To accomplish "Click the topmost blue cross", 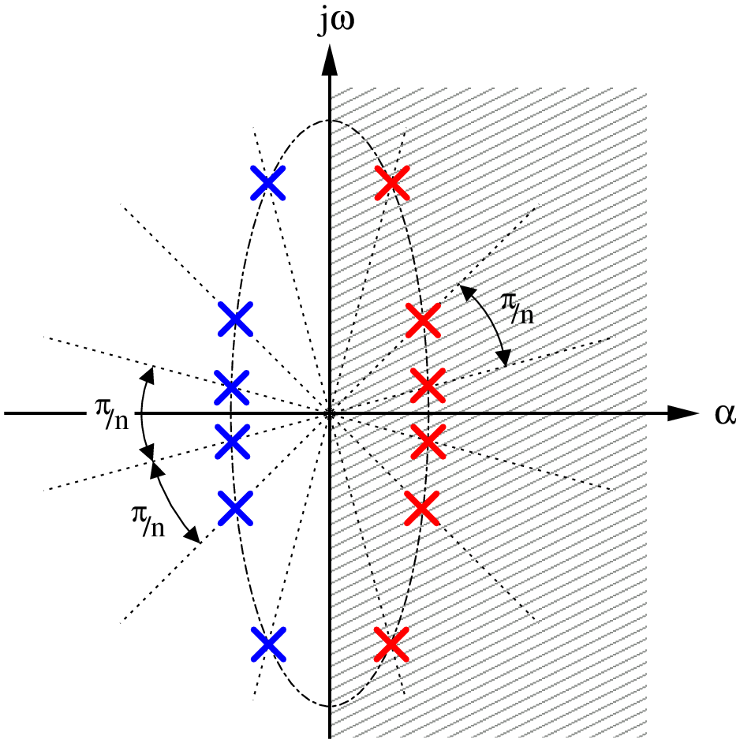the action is click(x=268, y=182).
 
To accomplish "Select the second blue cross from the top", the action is click(x=235, y=319).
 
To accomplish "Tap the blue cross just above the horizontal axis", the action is click(x=231, y=387).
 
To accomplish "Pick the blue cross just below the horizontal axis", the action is click(x=232, y=441).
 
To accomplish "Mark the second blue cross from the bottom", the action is click(x=235, y=508).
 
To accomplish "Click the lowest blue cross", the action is click(x=268, y=644).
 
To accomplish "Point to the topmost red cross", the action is click(x=391, y=182).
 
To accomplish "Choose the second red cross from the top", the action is click(x=424, y=321).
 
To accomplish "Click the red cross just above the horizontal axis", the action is click(x=428, y=385).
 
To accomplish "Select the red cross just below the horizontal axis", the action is click(x=428, y=441).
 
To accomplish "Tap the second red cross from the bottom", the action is click(x=422, y=508).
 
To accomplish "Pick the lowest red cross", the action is click(x=391, y=644).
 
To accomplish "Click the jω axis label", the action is click(x=337, y=22).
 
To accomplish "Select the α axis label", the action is click(x=725, y=414).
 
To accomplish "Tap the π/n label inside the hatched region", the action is click(x=518, y=308).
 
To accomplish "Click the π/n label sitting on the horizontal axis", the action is click(x=112, y=414).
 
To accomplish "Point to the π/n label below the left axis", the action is click(x=148, y=521).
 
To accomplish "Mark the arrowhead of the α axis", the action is click(x=683, y=413).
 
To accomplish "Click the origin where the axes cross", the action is click(x=329, y=413).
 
